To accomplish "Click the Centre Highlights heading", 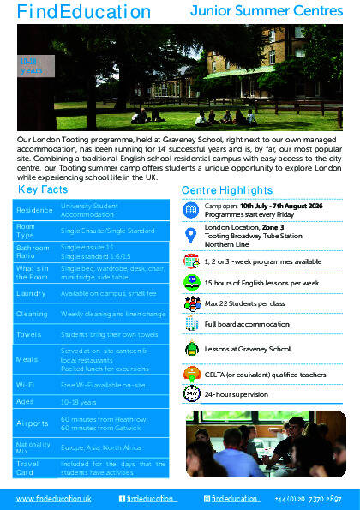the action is [x=227, y=189].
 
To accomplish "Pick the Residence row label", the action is [x=34, y=208].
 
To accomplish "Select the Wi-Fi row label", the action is [x=28, y=384].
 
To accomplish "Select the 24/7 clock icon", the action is [x=192, y=394].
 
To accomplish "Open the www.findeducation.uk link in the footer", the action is [x=54, y=499].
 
